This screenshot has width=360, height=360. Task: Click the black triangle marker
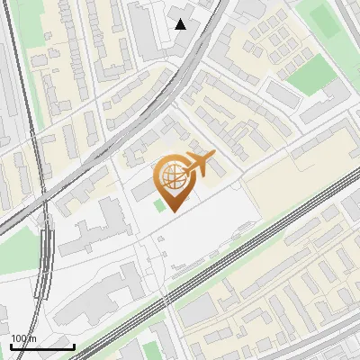181,24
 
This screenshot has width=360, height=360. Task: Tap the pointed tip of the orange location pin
173,211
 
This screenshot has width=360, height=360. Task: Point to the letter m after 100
33,337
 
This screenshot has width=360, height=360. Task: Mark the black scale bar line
42,346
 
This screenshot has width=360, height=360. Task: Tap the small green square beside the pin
159,206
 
